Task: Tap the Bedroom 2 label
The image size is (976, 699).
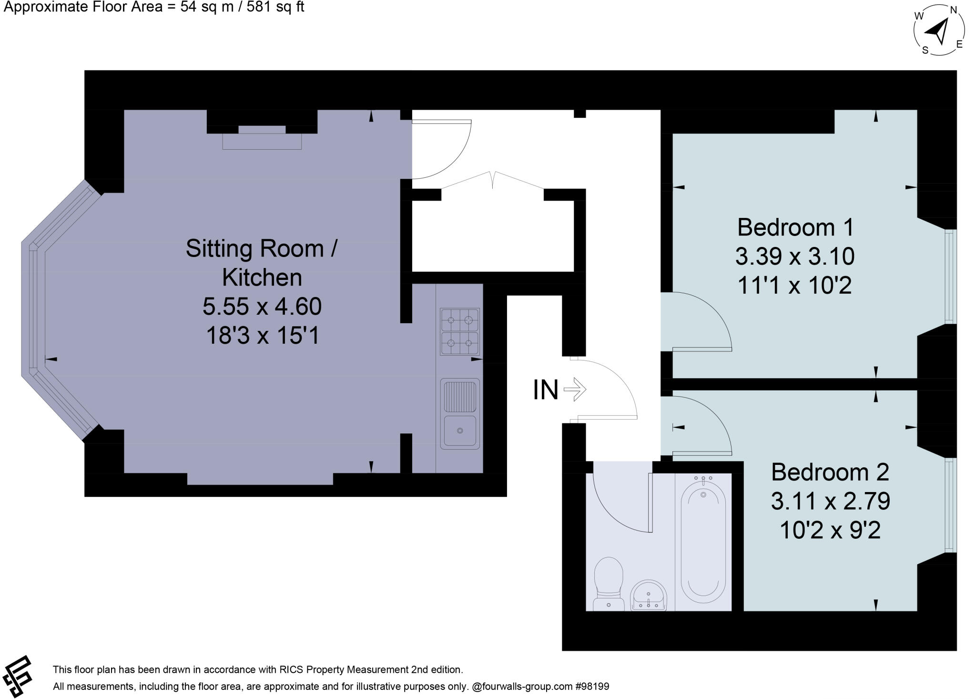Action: click(x=830, y=472)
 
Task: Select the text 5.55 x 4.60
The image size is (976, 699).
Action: click(x=262, y=306)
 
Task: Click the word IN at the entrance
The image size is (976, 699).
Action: click(x=545, y=390)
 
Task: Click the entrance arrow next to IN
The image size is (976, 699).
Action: click(x=575, y=389)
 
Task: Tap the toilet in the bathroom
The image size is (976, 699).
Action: click(x=609, y=584)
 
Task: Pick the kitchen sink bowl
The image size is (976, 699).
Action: click(x=459, y=431)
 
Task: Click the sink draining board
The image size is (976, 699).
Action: click(x=459, y=396)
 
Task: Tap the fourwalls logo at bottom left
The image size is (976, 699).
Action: click(x=17, y=676)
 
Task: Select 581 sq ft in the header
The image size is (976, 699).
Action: click(x=275, y=7)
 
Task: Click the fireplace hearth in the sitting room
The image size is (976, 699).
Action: click(x=262, y=142)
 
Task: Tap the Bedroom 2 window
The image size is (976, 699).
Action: click(x=950, y=505)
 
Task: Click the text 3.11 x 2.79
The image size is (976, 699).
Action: click(x=830, y=501)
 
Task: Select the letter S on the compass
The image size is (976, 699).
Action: click(x=925, y=50)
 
